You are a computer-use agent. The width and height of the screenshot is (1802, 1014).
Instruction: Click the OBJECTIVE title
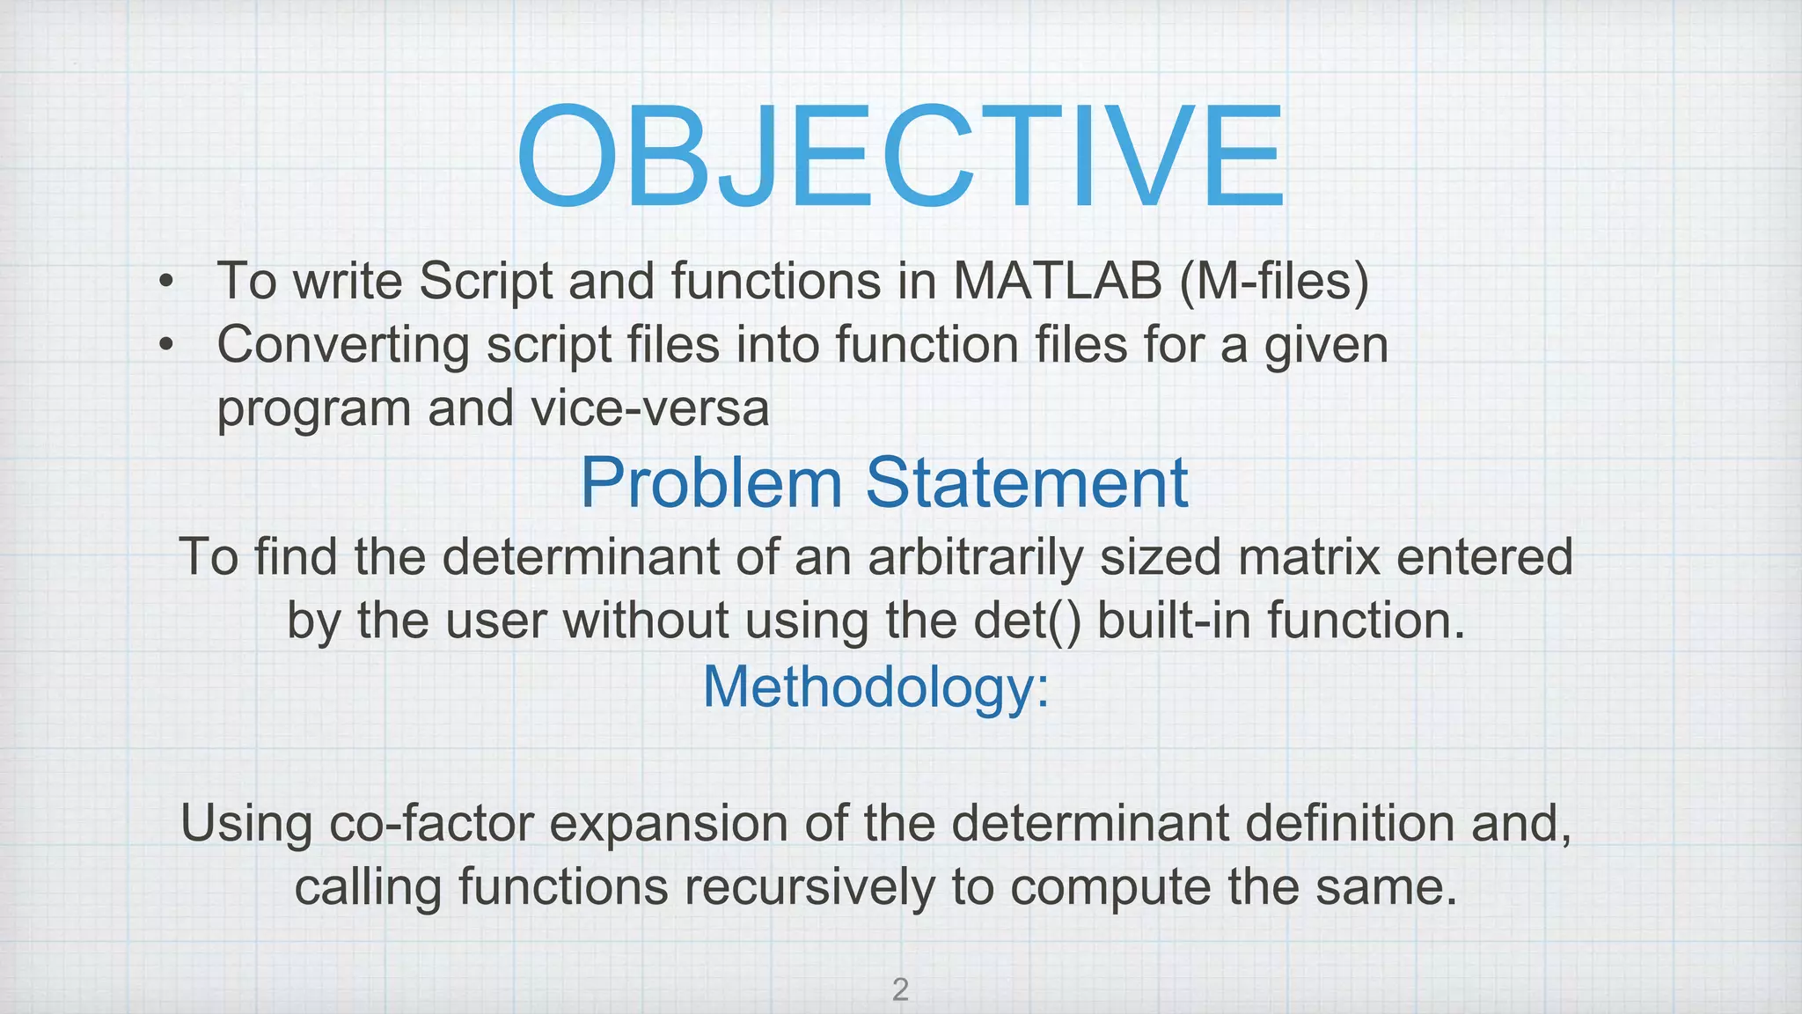click(900, 156)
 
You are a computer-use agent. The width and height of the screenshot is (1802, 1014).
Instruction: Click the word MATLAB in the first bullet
click(1057, 282)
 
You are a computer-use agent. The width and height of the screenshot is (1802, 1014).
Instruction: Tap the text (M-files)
click(1273, 282)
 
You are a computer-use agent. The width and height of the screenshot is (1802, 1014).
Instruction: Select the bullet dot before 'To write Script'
click(165, 283)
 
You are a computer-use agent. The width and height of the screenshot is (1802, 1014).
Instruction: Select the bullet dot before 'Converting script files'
click(165, 347)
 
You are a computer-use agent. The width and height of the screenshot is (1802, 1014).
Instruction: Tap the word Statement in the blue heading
click(1027, 482)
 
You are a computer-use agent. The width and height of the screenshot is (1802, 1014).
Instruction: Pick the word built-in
click(1175, 621)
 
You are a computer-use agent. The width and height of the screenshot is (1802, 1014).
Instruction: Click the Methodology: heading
click(876, 687)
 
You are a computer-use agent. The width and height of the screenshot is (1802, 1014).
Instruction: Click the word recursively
click(809, 887)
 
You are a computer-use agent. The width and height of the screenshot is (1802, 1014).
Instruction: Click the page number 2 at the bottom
click(900, 990)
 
